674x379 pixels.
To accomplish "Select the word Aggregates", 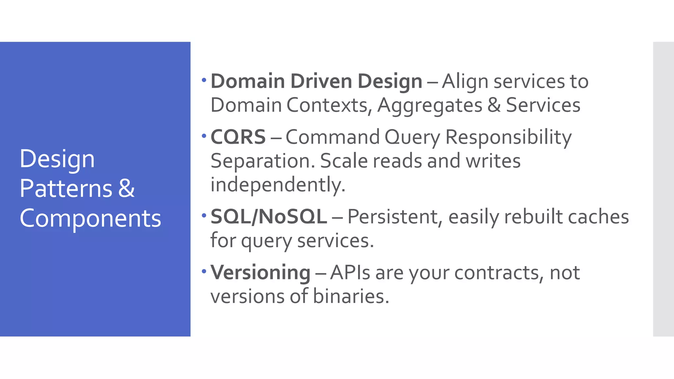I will (430, 106).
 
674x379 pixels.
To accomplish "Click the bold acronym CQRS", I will (238, 137).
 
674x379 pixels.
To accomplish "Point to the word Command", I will (332, 137).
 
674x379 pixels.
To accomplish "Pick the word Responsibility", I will (508, 138).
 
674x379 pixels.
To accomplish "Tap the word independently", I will (278, 185).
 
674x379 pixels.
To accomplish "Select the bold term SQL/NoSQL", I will (269, 216).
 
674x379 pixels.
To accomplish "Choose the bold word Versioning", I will (260, 273).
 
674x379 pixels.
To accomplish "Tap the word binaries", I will (351, 296).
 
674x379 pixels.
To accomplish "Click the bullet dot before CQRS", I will (204, 136).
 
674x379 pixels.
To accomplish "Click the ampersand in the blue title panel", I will (126, 189).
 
